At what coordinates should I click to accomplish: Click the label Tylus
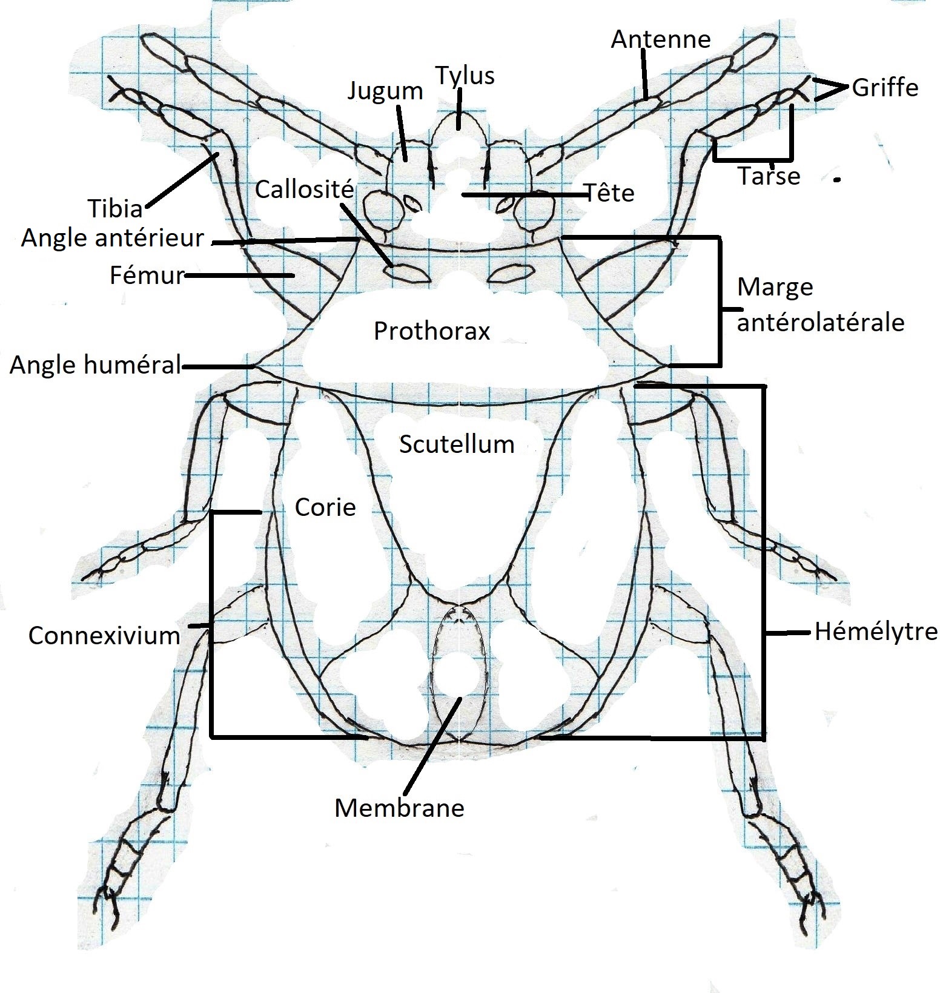click(465, 76)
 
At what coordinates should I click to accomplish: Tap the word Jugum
click(385, 91)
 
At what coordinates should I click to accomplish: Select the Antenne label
click(660, 39)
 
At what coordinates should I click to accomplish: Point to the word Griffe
click(885, 88)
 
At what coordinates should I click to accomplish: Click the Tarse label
click(769, 176)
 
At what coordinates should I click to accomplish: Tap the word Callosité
click(304, 190)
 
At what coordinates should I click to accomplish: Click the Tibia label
click(116, 209)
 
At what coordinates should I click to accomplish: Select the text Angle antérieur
click(113, 239)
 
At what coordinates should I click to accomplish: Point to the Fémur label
click(147, 276)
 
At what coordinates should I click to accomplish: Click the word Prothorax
click(431, 331)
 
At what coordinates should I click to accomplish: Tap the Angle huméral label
click(96, 365)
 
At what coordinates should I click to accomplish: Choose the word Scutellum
click(457, 444)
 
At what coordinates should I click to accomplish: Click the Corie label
click(325, 507)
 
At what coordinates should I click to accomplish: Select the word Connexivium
click(104, 636)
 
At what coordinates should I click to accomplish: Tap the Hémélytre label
click(876, 632)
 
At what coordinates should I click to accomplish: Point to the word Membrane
click(399, 808)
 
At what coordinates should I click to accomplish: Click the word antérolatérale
click(820, 323)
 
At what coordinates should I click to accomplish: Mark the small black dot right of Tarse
click(838, 179)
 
